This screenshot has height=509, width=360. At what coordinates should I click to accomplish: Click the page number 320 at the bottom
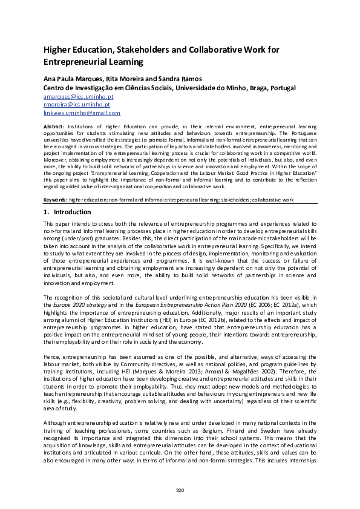180,489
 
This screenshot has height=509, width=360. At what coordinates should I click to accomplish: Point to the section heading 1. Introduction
67,212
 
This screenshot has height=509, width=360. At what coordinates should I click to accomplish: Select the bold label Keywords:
56,199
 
